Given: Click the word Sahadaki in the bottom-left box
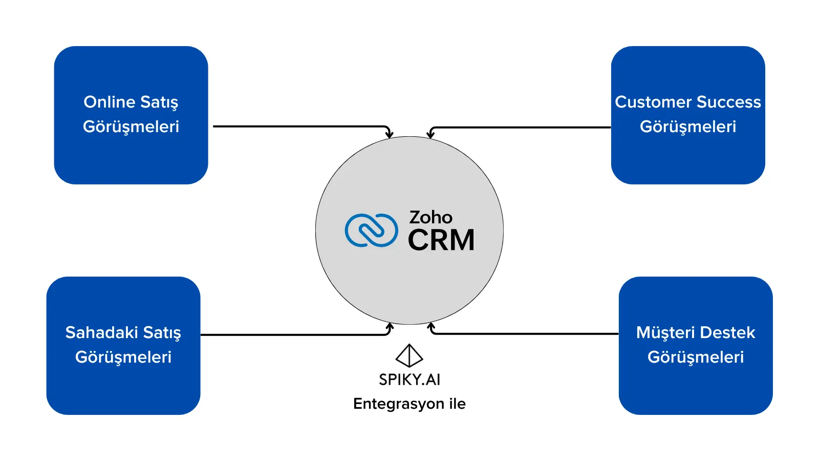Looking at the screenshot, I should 101,332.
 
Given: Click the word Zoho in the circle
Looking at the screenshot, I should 430,217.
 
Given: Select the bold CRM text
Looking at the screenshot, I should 441,240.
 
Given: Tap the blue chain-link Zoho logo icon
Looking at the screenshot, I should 371,230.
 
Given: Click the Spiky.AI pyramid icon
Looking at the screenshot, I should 409,355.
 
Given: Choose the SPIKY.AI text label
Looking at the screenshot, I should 409,380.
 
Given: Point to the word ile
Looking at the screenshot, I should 457,404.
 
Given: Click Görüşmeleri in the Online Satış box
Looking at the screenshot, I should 131,127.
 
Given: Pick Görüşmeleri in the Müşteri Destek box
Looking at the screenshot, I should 696,357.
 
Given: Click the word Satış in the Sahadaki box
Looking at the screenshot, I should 162,332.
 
